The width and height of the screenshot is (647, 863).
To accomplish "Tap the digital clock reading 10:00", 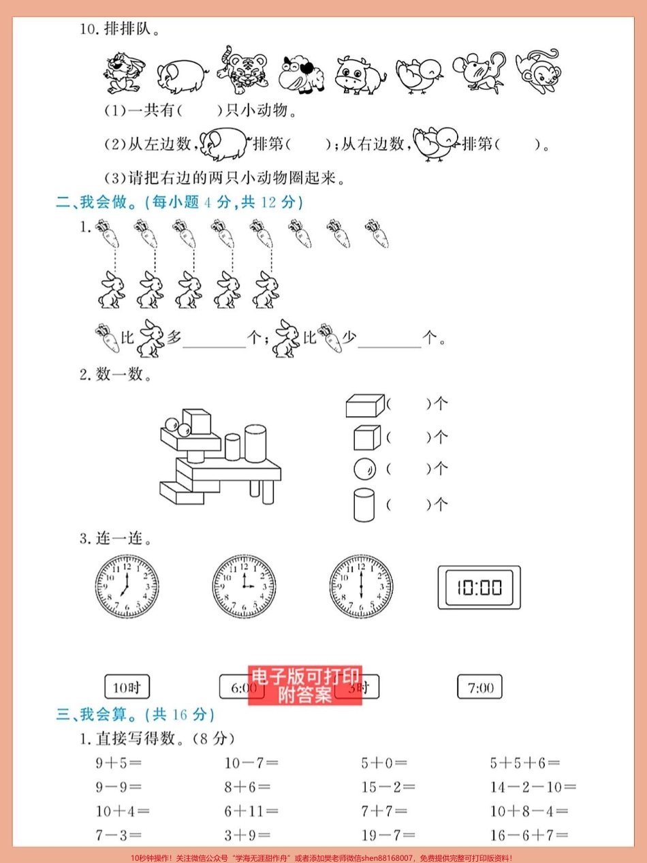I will tap(479, 587).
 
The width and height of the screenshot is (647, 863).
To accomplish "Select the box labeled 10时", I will tap(127, 687).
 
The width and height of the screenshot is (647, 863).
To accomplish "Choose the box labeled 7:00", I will tap(480, 687).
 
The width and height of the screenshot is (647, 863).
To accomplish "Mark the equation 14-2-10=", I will tap(533, 787).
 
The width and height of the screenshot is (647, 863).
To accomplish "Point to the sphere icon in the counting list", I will tap(364, 469).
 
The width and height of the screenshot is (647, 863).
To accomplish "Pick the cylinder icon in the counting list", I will tap(364, 505).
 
